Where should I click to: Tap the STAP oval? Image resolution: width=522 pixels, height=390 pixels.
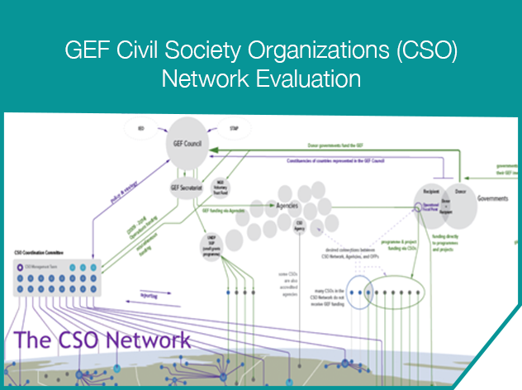click(x=233, y=129)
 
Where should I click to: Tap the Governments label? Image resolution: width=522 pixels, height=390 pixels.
click(x=493, y=198)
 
